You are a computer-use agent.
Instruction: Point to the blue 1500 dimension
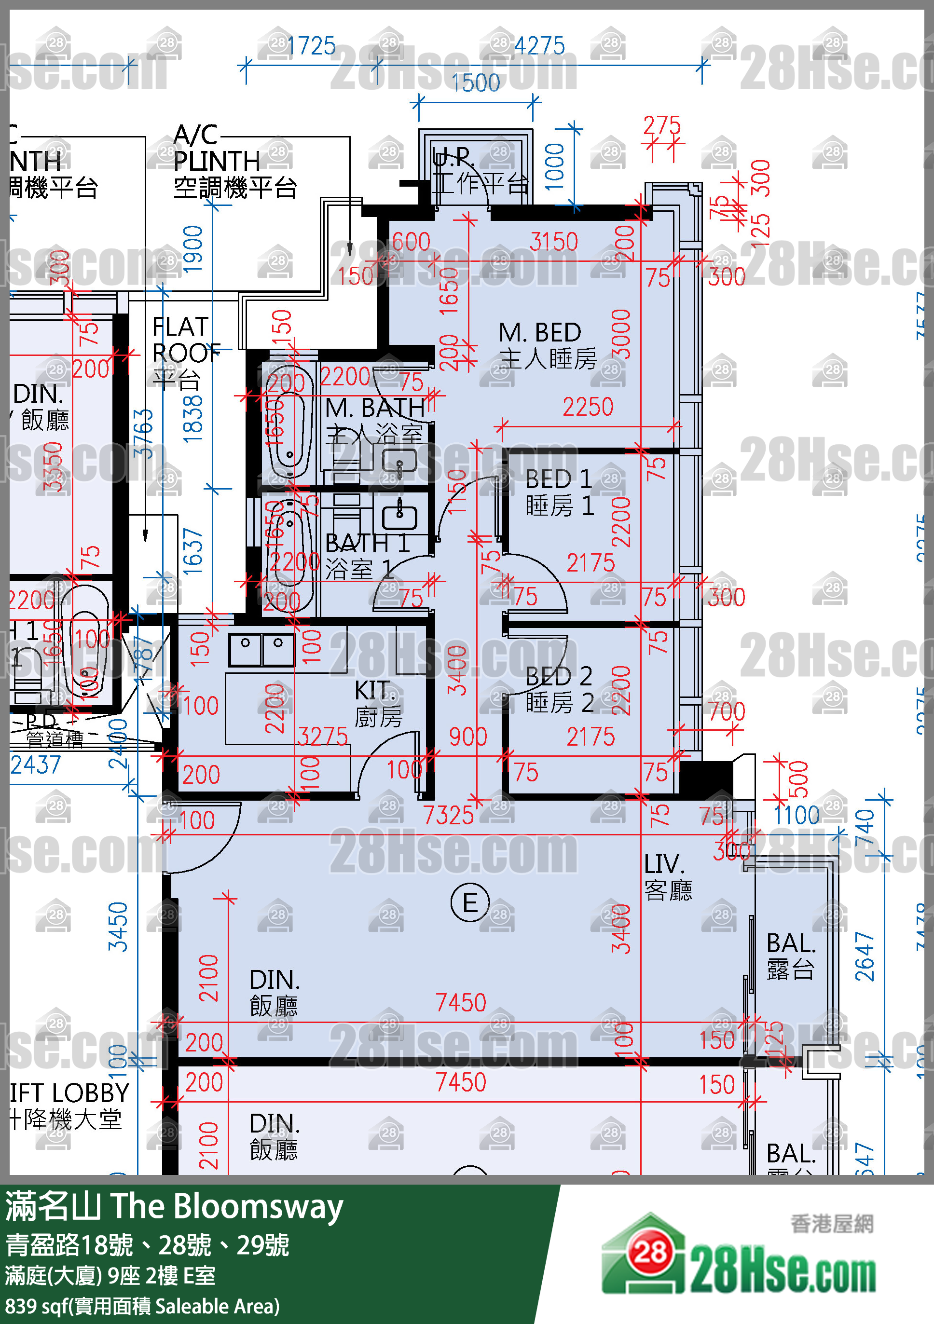click(x=475, y=83)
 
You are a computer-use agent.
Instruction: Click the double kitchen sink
click(x=261, y=649)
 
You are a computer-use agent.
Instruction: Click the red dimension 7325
click(x=448, y=815)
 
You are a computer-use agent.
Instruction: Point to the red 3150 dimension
click(x=553, y=242)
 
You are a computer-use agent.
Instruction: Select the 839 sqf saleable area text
click(x=142, y=1306)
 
